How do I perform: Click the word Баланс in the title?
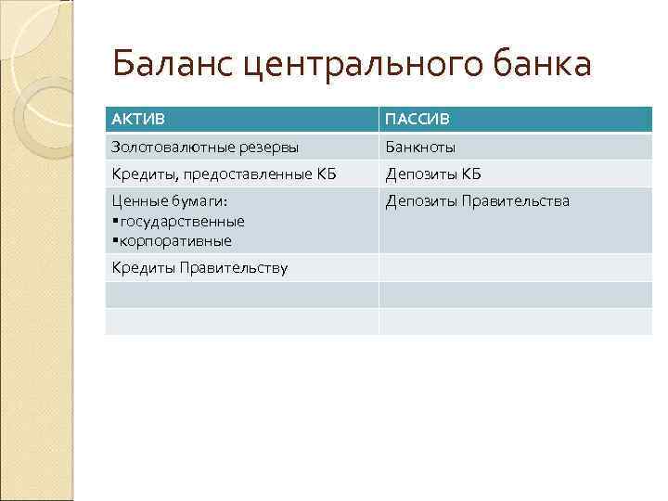pyautogui.click(x=165, y=65)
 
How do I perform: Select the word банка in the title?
pyautogui.click(x=539, y=65)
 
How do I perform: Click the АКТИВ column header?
pyautogui.click(x=135, y=120)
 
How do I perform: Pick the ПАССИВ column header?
pyautogui.click(x=417, y=120)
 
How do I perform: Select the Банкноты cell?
pyautogui.click(x=420, y=148)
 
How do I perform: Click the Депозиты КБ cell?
pyautogui.click(x=433, y=174)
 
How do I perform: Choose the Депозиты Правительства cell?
pyautogui.click(x=478, y=201)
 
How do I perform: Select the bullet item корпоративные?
pyautogui.click(x=175, y=240)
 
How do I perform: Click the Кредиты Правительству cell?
pyautogui.click(x=199, y=268)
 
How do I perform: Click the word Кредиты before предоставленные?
pyautogui.click(x=140, y=174)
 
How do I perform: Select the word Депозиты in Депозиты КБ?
pyautogui.click(x=417, y=174)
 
